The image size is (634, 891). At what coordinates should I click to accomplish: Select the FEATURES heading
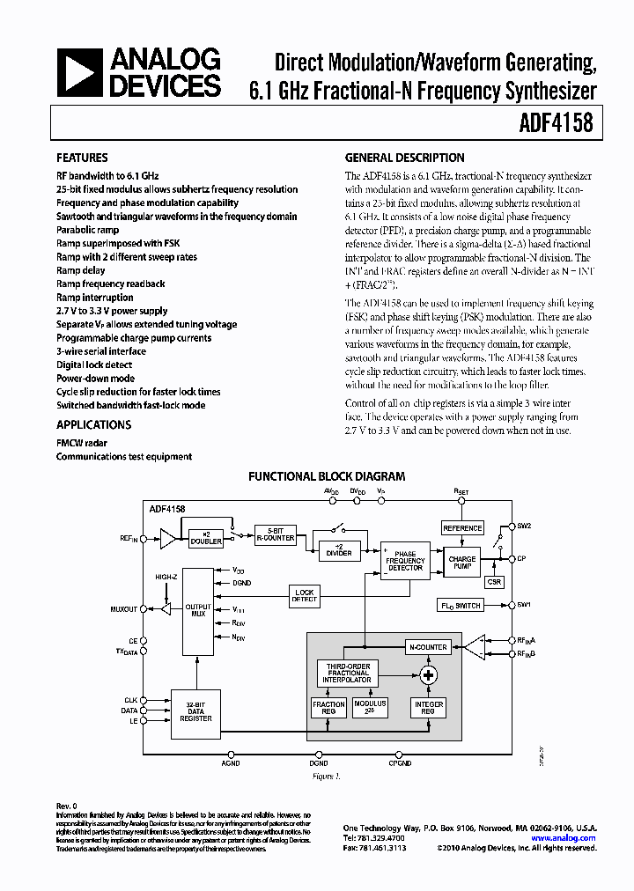tap(82, 158)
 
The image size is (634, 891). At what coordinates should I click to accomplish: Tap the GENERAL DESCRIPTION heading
tap(404, 158)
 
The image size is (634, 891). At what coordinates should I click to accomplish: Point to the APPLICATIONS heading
tap(93, 424)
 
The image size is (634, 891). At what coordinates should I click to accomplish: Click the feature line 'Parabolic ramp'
tap(87, 230)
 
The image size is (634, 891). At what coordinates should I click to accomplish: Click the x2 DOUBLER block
tap(206, 537)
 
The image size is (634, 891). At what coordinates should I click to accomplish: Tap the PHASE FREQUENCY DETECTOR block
tap(405, 561)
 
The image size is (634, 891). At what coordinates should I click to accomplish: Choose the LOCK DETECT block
tap(305, 595)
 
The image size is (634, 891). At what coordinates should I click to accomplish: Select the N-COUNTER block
tap(428, 647)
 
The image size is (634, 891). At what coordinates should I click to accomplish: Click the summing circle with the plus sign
tap(429, 675)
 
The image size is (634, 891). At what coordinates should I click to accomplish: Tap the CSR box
tap(494, 582)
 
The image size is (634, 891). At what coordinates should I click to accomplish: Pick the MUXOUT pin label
tap(123, 608)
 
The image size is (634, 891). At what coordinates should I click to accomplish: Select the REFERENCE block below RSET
tap(462, 528)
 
